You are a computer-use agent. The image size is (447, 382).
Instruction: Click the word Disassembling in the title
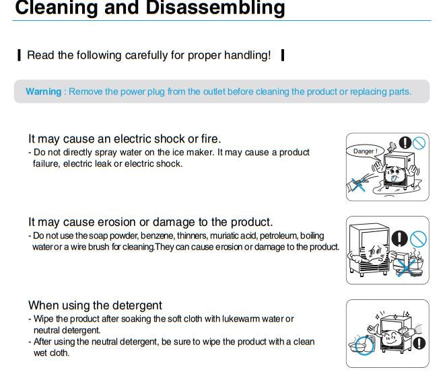[x=215, y=8]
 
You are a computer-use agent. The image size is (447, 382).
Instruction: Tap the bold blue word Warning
[x=44, y=91]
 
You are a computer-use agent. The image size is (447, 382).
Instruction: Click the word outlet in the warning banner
[x=214, y=91]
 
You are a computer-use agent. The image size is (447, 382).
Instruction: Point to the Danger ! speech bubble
[x=365, y=151]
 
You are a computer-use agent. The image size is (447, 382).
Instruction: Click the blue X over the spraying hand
[x=358, y=185]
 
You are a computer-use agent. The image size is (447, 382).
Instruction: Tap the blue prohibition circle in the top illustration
[x=419, y=143]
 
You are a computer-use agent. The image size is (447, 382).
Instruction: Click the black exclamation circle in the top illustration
[x=405, y=143]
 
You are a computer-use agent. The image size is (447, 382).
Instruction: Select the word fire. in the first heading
[x=211, y=139]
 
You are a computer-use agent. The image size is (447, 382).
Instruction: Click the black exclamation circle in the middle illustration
[x=399, y=239]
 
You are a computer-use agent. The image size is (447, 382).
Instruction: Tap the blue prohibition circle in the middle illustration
[x=418, y=239]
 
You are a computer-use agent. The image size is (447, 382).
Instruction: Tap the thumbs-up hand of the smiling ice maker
[x=374, y=330]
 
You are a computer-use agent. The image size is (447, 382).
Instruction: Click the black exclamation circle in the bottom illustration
[x=419, y=343]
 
